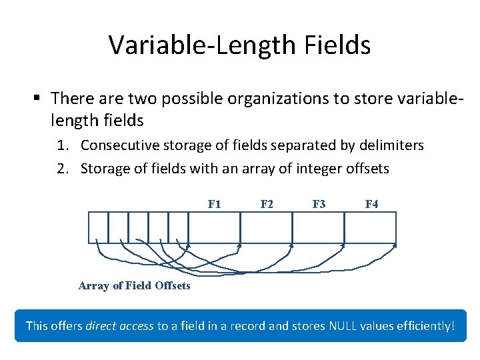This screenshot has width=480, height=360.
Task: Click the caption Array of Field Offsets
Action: pos(134,285)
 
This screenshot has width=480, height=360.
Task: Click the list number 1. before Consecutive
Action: pos(67,145)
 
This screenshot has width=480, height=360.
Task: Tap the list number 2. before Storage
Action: pos(67,169)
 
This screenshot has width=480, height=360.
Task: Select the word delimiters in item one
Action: pos(391,145)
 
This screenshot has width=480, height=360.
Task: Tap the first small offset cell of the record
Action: pos(99,227)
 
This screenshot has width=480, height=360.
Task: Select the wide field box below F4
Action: pos(371,227)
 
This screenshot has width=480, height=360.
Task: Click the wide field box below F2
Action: pos(267,227)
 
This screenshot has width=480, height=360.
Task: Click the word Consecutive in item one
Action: pos(122,145)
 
